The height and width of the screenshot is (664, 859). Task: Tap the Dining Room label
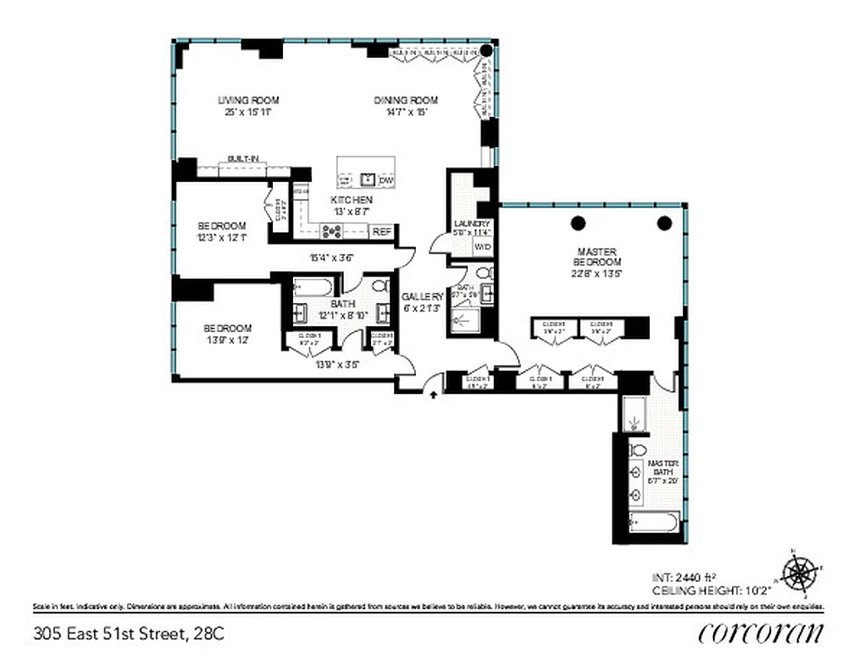[x=405, y=100]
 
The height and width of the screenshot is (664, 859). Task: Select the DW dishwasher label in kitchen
[x=386, y=180]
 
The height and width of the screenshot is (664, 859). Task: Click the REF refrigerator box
[x=382, y=232]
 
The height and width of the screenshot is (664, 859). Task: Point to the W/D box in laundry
[x=482, y=247]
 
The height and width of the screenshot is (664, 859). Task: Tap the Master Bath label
[x=663, y=467]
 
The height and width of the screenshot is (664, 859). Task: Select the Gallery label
[x=422, y=296]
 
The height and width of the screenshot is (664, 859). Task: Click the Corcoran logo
[x=761, y=633]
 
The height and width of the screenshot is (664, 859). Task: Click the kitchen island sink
[x=366, y=179]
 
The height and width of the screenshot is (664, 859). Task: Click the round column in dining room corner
[x=487, y=51]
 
